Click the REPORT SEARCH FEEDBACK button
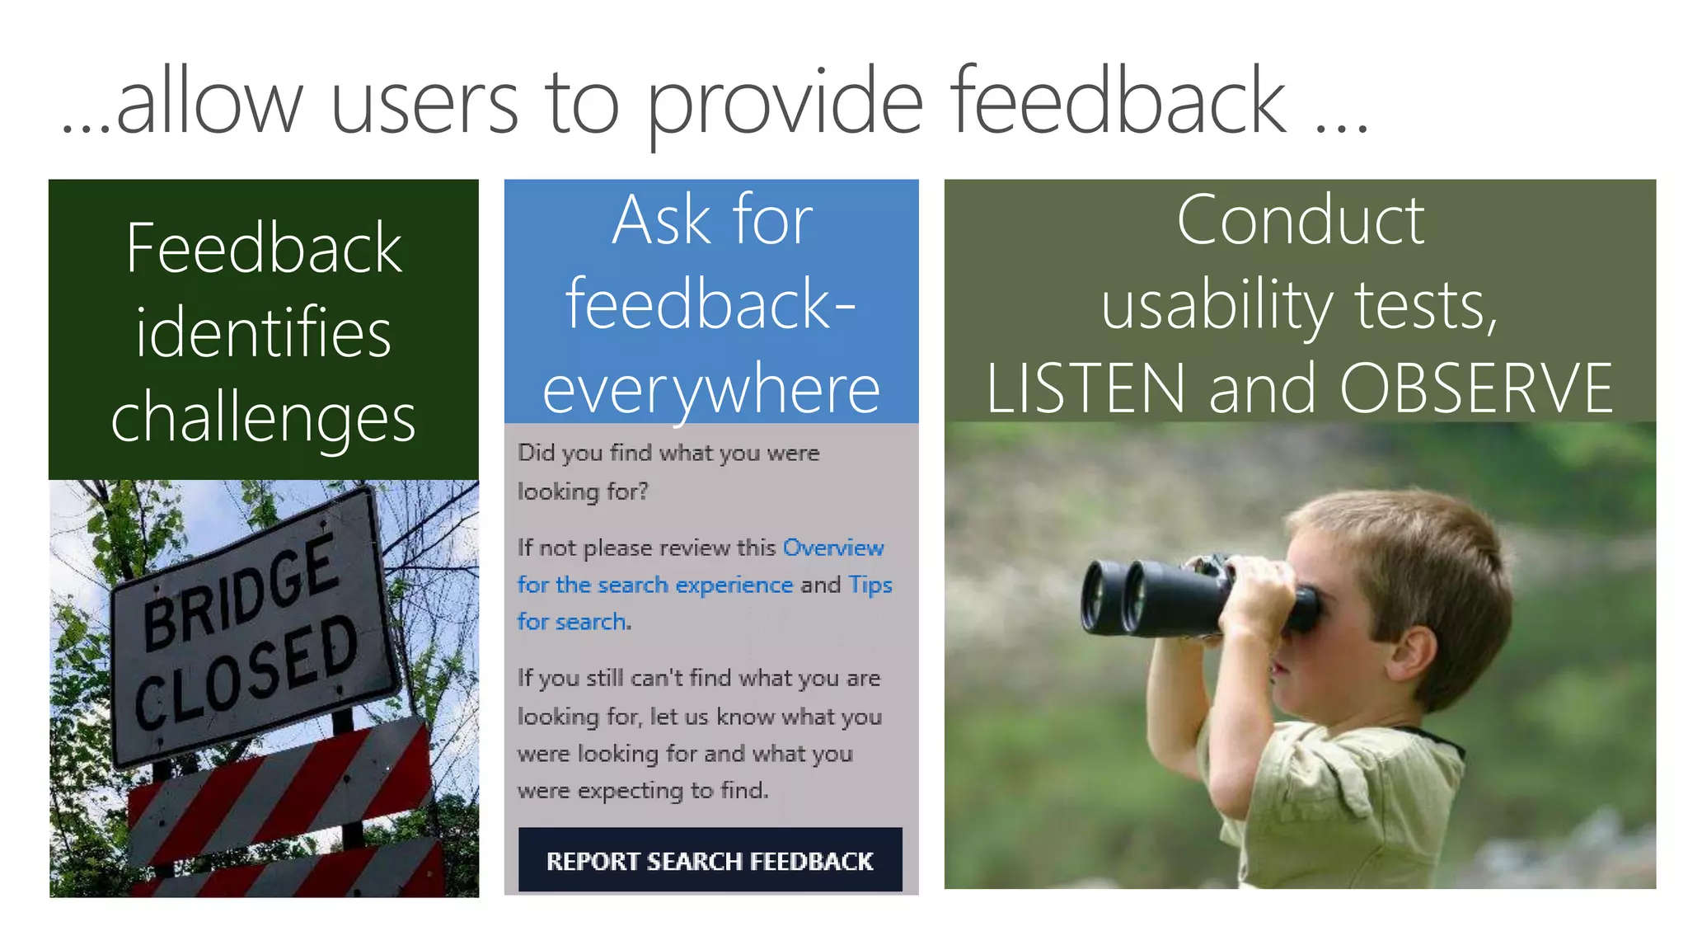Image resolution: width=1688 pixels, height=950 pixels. pyautogui.click(x=710, y=860)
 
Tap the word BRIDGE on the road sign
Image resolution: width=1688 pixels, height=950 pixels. pyautogui.click(x=240, y=592)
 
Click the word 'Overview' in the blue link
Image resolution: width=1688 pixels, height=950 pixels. pyautogui.click(x=833, y=548)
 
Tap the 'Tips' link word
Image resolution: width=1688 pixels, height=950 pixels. pyautogui.click(x=870, y=585)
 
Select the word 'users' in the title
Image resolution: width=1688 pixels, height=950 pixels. pyautogui.click(x=424, y=103)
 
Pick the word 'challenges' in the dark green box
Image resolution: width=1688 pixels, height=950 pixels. pyautogui.click(x=264, y=417)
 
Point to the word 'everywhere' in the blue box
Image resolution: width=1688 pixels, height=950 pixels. pyautogui.click(x=711, y=389)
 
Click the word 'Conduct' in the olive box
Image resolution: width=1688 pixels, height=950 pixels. pyautogui.click(x=1300, y=220)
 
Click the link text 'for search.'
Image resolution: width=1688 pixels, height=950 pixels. pyautogui.click(x=574, y=621)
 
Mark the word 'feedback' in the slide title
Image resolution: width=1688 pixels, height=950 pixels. pyautogui.click(x=1118, y=103)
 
